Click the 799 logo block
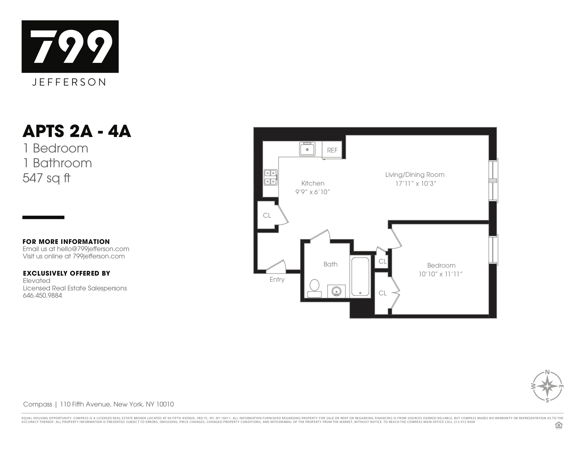point(70,46)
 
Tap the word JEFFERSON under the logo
point(69,82)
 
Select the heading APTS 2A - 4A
point(77,131)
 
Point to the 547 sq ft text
point(46,178)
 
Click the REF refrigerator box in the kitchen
point(332,150)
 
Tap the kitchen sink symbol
point(307,149)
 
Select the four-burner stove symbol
point(270,177)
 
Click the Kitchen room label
point(313,183)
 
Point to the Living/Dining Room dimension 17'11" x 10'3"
point(416,184)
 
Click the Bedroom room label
point(441,265)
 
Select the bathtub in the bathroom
point(360,277)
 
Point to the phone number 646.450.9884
point(42,296)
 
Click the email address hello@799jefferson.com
point(93,249)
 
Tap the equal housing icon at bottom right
point(559,425)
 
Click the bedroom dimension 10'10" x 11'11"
point(441,274)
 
